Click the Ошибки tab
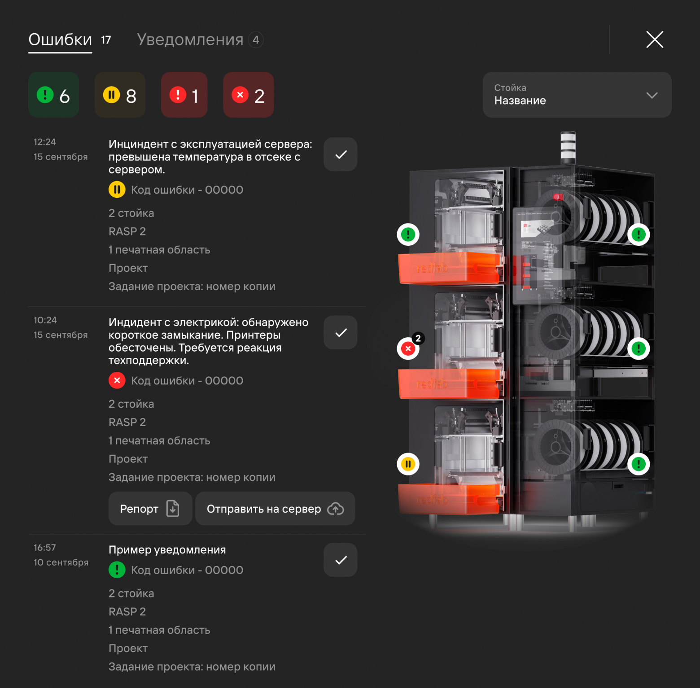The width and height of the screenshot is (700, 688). pyautogui.click(x=60, y=40)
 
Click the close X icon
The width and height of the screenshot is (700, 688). pyautogui.click(x=655, y=39)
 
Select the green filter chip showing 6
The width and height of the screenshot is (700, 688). pyautogui.click(x=54, y=95)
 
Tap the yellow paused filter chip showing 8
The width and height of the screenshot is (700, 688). pyautogui.click(x=120, y=95)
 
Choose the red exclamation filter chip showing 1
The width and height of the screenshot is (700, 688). pyautogui.click(x=184, y=95)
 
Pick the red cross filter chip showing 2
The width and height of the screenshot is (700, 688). pyautogui.click(x=249, y=95)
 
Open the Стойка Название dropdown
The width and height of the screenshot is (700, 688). pyautogui.click(x=577, y=95)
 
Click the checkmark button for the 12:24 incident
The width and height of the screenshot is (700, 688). pyautogui.click(x=341, y=154)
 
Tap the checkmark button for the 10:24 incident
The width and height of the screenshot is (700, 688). pyautogui.click(x=341, y=332)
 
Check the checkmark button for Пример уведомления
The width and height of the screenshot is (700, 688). pyautogui.click(x=341, y=560)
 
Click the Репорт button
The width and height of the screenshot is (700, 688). pyautogui.click(x=150, y=509)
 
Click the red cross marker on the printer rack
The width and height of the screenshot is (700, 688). pyautogui.click(x=408, y=348)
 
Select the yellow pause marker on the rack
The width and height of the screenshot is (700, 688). pyautogui.click(x=408, y=464)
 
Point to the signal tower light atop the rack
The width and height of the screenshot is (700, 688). pyautogui.click(x=568, y=148)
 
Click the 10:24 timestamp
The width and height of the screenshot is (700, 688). pyautogui.click(x=45, y=320)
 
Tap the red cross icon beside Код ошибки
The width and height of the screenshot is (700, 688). pyautogui.click(x=117, y=380)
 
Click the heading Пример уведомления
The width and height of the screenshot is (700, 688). pyautogui.click(x=167, y=550)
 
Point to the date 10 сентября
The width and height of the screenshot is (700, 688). pyautogui.click(x=61, y=562)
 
